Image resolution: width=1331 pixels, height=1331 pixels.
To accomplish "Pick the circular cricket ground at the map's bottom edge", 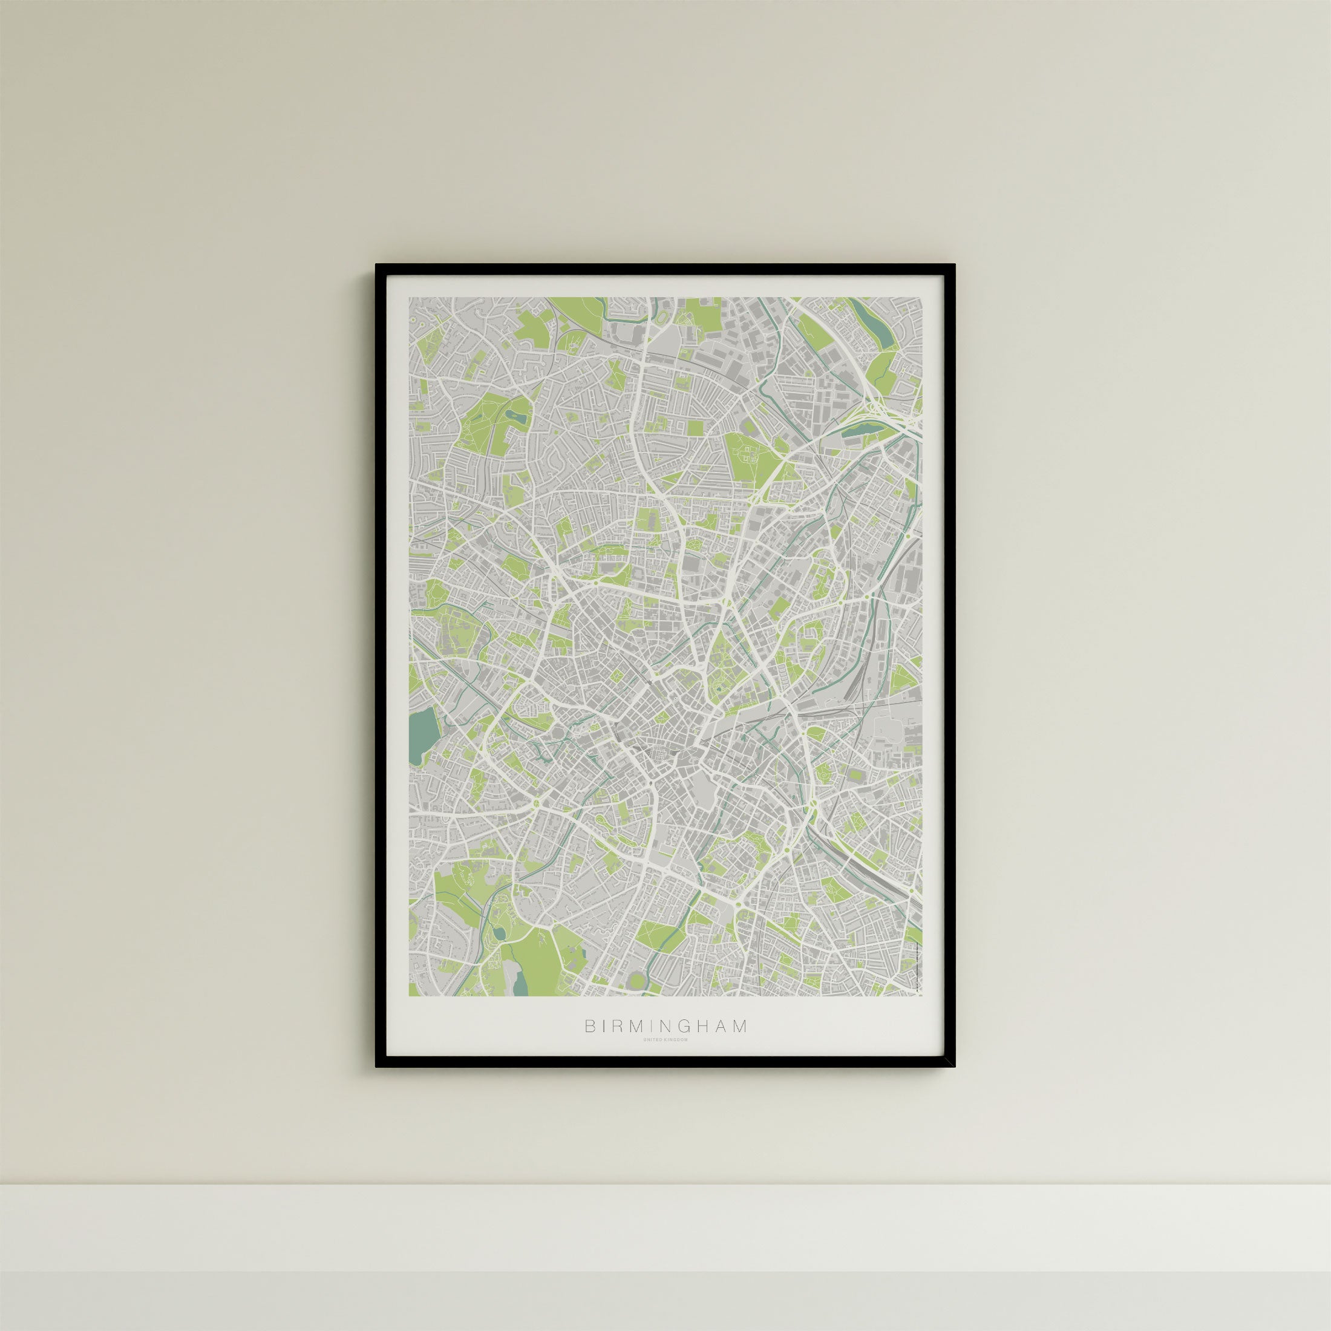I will [x=637, y=978].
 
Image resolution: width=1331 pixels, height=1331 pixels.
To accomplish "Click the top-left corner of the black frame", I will [x=377, y=265].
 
